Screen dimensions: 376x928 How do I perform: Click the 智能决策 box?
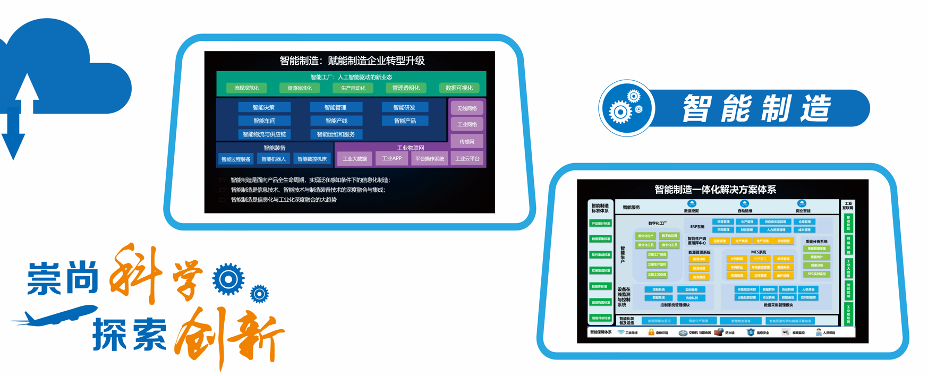pos(263,107)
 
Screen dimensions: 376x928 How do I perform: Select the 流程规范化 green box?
pos(246,88)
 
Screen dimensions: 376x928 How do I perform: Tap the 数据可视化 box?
pos(459,88)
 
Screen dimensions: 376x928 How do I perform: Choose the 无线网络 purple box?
pos(467,108)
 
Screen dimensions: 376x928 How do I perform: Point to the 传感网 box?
pos(467,141)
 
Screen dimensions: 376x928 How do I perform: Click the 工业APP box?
pos(392,158)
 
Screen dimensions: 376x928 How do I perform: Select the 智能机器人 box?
pos(274,159)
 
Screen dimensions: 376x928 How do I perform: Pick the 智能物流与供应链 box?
pos(264,134)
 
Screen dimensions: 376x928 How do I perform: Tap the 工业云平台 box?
pos(467,158)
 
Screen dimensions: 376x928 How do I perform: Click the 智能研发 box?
pos(404,107)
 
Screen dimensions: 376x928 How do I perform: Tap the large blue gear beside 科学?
pos(228,279)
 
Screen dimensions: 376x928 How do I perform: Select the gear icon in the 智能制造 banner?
pos(626,108)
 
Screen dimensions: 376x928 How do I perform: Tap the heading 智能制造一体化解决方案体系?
pos(715,190)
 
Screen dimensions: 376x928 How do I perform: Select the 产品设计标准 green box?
pos(600,224)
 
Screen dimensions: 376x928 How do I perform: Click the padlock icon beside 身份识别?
pos(651,332)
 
